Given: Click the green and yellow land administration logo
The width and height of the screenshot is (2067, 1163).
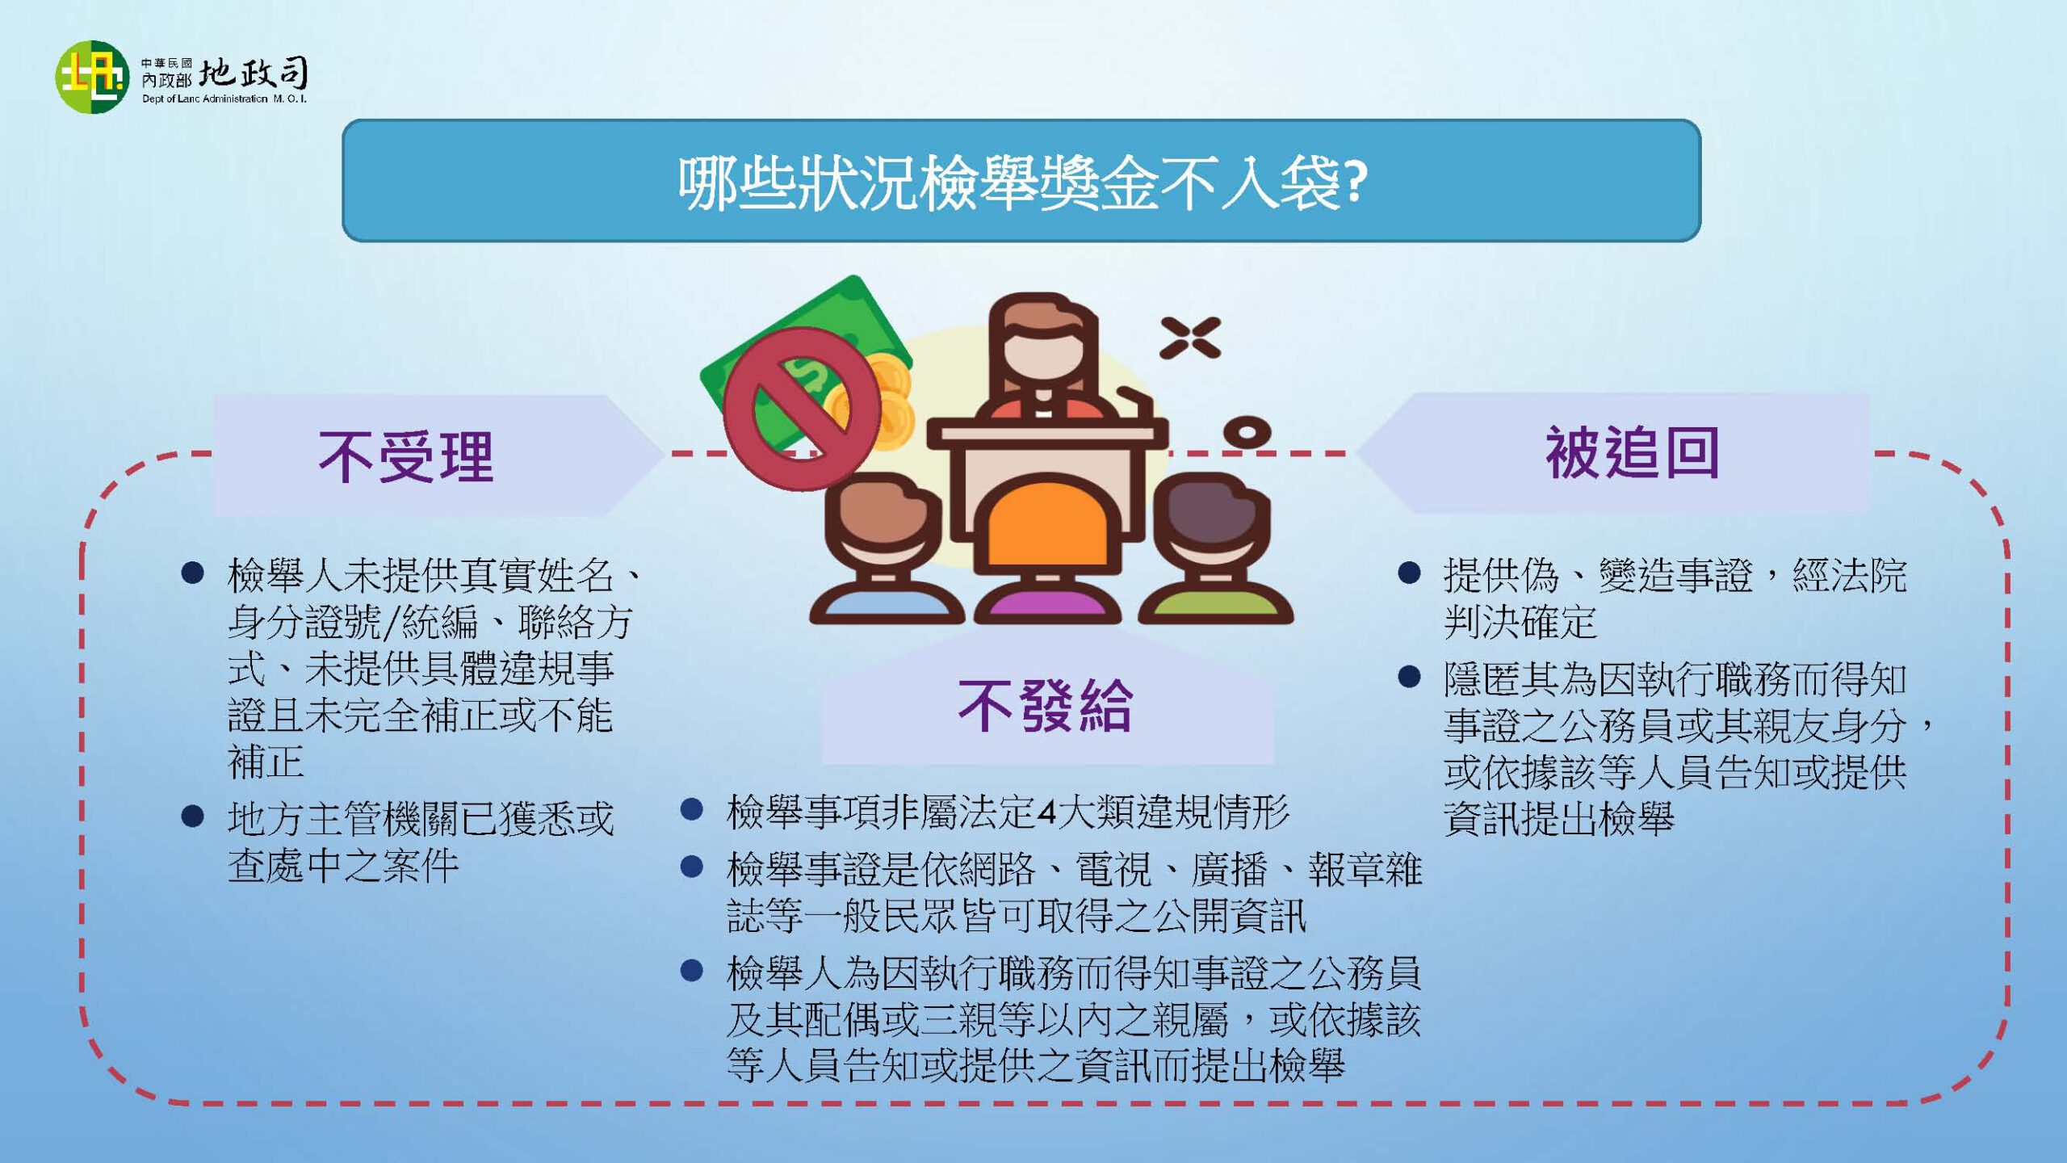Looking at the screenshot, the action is click(x=92, y=77).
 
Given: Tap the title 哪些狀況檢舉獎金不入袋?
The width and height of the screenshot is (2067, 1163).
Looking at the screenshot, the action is click(x=1022, y=183).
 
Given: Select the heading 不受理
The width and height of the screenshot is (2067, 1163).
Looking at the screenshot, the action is click(x=406, y=456).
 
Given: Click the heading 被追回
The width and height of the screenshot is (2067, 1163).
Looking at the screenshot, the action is click(x=1632, y=452).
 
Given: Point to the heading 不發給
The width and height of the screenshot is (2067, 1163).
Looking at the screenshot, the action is click(x=1046, y=706).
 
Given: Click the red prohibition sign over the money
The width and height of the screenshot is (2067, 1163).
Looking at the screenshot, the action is click(x=802, y=409).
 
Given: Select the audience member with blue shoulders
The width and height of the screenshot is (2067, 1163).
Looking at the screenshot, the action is click(x=886, y=549).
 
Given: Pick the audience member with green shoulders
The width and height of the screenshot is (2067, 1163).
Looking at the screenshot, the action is click(x=1215, y=549).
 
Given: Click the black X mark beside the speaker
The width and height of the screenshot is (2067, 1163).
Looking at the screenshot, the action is click(x=1190, y=338).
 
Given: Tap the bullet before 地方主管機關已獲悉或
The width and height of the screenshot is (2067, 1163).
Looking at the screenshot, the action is click(x=192, y=817).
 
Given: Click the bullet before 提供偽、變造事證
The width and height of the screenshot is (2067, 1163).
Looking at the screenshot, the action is click(x=1409, y=573).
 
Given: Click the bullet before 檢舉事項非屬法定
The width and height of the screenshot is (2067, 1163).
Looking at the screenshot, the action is click(x=691, y=809).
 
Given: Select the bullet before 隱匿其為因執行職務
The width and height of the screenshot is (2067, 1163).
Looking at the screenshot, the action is click(x=1409, y=676).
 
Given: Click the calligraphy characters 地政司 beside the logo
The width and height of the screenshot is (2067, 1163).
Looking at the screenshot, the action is click(x=254, y=73).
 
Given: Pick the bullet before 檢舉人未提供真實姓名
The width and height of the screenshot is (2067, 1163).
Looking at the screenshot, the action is click(x=192, y=573).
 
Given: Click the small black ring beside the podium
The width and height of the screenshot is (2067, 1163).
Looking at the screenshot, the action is click(x=1247, y=431).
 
